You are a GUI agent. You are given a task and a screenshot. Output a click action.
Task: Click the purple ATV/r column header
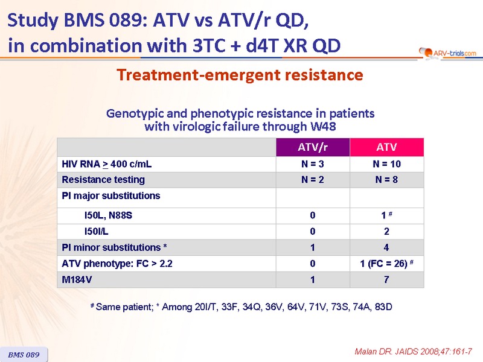[313, 147]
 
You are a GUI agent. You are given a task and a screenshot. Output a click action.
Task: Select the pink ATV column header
[387, 147]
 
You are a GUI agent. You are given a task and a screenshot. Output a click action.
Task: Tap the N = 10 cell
[386, 164]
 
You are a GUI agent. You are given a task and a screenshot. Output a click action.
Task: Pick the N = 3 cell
[312, 164]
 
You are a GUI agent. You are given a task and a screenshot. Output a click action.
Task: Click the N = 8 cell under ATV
[386, 179]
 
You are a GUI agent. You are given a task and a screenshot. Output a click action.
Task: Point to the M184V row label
[77, 279]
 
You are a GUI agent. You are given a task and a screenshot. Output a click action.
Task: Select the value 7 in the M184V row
[386, 279]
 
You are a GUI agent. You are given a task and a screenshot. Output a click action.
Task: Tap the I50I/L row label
[97, 231]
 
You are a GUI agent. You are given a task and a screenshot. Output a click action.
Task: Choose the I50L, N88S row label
[108, 215]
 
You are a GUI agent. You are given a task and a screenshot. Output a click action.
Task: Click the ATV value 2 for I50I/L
[386, 231]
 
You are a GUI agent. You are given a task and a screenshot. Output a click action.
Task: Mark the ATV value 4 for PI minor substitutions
[386, 247]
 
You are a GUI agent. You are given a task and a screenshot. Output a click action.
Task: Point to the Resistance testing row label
[103, 179]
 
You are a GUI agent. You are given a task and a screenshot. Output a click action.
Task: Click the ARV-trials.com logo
[447, 53]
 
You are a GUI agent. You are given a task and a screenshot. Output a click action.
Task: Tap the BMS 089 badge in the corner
[24, 355]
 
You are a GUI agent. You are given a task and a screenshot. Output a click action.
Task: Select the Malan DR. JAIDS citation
[413, 352]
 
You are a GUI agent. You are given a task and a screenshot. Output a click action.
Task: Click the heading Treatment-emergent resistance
[240, 75]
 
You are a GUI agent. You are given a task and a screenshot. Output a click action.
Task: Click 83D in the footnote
[383, 307]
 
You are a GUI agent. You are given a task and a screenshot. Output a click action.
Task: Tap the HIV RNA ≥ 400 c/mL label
[107, 164]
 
